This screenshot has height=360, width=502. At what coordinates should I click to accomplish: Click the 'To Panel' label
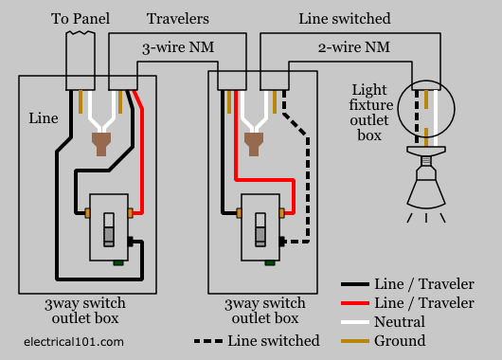81,19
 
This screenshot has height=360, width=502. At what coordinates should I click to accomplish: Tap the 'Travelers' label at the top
178,19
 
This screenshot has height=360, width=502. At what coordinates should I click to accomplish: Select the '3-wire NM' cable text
178,47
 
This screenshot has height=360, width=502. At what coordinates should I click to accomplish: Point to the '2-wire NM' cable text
354,47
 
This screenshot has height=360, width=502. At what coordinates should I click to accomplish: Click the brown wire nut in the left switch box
101,144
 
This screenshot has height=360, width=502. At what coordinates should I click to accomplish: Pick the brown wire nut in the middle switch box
254,144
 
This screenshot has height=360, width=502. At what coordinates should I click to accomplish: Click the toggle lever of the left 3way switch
109,229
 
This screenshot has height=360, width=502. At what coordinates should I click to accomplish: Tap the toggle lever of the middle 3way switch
260,229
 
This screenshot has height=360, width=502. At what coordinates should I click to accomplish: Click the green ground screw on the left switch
118,263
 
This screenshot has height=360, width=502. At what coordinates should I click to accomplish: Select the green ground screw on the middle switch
270,263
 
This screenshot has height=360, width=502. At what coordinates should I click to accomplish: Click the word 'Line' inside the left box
44,118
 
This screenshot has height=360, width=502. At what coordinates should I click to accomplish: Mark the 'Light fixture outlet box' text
370,112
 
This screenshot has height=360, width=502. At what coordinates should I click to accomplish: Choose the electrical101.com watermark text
74,342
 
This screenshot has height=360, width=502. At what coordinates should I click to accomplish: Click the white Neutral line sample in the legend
355,322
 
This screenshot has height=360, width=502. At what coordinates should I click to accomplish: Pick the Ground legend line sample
355,341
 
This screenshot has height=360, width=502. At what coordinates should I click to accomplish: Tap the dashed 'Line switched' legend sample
208,341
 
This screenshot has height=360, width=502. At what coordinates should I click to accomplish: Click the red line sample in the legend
355,302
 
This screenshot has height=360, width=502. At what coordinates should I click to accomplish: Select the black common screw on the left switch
131,242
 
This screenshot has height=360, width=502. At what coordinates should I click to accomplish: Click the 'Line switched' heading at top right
345,19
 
